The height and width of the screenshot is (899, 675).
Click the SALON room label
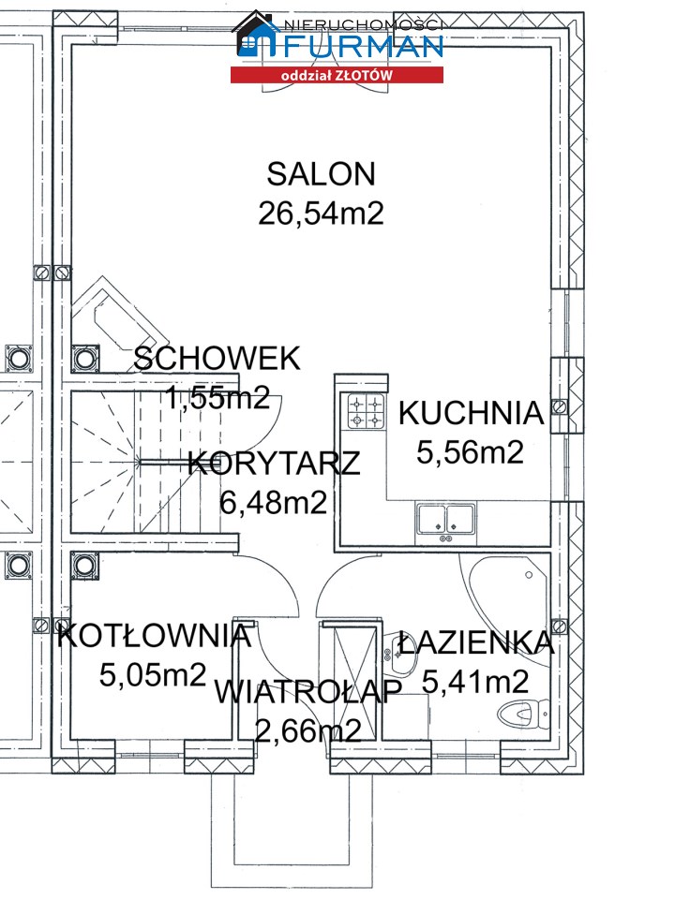[x=321, y=174]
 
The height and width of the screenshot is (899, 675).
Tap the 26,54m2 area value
[x=321, y=214]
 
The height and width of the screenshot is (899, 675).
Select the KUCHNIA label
[x=472, y=413]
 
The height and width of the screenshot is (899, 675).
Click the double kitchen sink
[x=446, y=520]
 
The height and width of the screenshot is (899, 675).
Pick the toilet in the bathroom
[x=521, y=715]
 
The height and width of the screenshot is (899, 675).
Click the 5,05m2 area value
[x=153, y=675]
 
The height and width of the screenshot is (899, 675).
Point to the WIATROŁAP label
[x=308, y=691]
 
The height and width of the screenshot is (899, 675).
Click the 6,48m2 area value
[x=274, y=503]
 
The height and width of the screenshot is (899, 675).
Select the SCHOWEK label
[x=217, y=359]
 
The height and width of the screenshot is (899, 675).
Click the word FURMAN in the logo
[x=362, y=46]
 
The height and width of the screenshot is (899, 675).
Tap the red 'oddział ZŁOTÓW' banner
[x=337, y=75]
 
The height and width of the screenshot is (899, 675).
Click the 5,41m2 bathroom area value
[x=475, y=682]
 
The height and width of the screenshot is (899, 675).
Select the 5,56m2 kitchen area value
[x=470, y=452]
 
